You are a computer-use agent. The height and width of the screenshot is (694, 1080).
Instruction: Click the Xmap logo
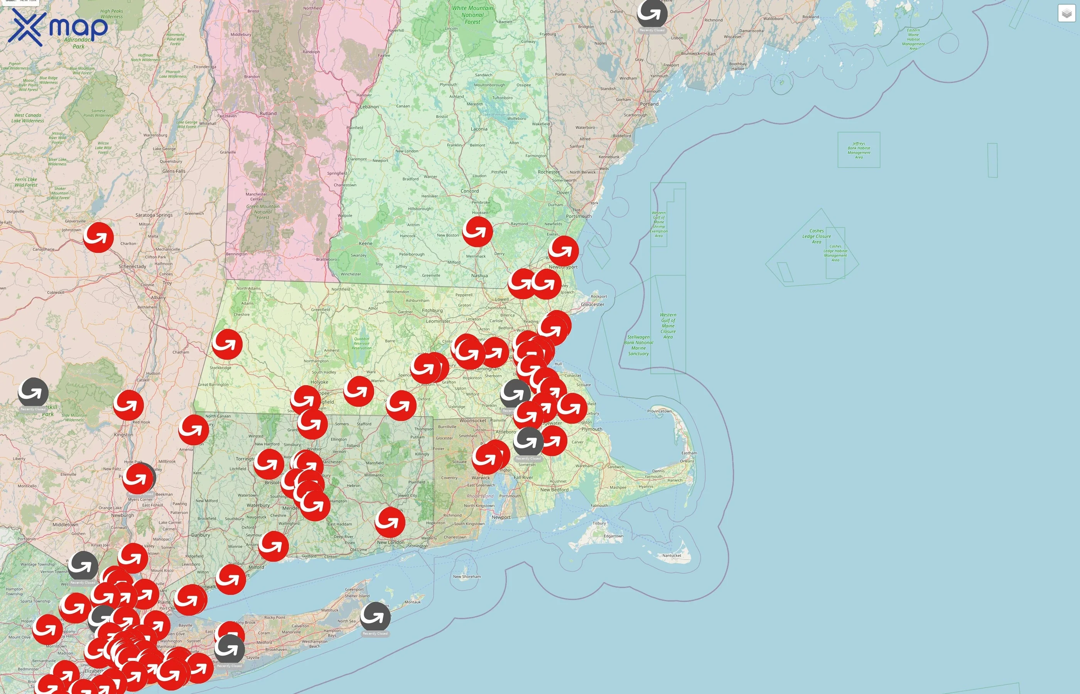pyautogui.click(x=58, y=27)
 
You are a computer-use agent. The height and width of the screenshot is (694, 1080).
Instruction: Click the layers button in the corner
pyautogui.click(x=1066, y=13)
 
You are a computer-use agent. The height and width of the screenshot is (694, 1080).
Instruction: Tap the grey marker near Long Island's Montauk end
pyautogui.click(x=375, y=616)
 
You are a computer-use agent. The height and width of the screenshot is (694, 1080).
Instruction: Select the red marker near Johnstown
pyautogui.click(x=98, y=237)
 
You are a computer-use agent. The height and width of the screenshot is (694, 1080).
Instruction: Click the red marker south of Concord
pyautogui.click(x=478, y=231)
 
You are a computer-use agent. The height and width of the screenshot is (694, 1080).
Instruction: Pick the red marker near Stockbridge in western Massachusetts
pyautogui.click(x=227, y=344)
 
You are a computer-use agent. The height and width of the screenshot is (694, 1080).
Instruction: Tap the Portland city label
pyautogui.click(x=649, y=104)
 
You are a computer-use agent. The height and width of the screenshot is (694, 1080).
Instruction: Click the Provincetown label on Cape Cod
pyautogui.click(x=659, y=411)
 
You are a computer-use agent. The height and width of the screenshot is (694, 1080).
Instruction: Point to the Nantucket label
pyautogui.click(x=671, y=556)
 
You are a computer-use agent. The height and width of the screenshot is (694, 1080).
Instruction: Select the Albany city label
pyautogui.click(x=158, y=297)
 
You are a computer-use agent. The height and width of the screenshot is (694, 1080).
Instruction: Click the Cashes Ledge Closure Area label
pyautogui.click(x=816, y=236)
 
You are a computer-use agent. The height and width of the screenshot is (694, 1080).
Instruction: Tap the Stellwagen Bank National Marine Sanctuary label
pyautogui.click(x=638, y=345)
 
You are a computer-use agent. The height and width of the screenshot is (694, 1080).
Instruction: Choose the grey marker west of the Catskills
pyautogui.click(x=33, y=392)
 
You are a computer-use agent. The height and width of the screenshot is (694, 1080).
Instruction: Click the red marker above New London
pyautogui.click(x=390, y=522)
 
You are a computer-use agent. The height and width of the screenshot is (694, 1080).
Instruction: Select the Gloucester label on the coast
pyautogui.click(x=592, y=305)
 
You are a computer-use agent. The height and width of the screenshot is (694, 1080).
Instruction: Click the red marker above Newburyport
pyautogui.click(x=564, y=250)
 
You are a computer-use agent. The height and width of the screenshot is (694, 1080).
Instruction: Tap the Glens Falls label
pyautogui.click(x=174, y=171)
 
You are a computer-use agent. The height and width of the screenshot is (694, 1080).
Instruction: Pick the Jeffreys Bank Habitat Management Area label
pyautogui.click(x=859, y=150)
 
